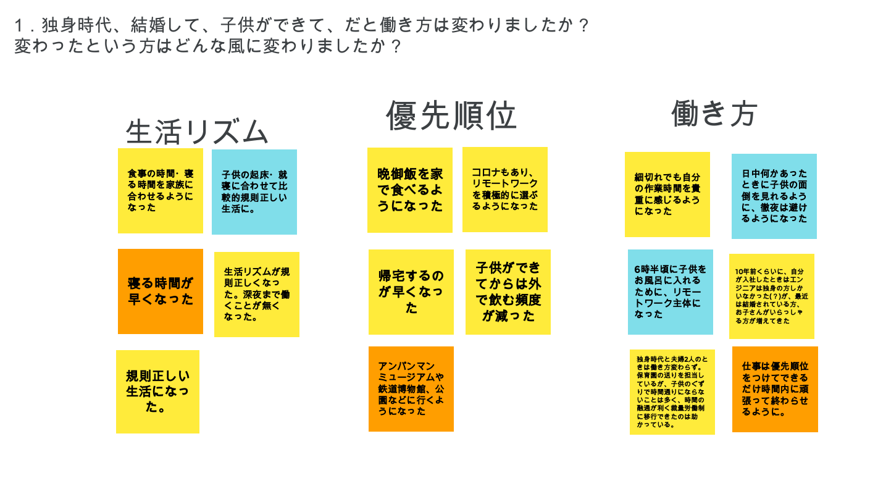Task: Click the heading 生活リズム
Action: pos(197,132)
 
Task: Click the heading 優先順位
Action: pos(451,115)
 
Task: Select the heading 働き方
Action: pos(714,114)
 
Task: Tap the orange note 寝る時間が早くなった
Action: pos(161,291)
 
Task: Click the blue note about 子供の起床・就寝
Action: pos(254,191)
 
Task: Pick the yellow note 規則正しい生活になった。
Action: pos(157,391)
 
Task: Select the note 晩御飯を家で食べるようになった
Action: pos(410,190)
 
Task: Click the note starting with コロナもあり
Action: pos(505,190)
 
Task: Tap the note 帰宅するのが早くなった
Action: pos(411,292)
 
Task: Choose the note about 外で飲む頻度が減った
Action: pos(508,292)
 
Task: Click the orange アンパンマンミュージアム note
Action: pos(411,389)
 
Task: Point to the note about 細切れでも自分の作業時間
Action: pos(667,195)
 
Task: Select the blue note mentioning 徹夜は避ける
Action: pos(774,196)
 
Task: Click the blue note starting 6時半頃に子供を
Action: pos(671,292)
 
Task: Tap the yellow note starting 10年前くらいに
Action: pos(772,296)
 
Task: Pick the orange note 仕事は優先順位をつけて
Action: pos(775,389)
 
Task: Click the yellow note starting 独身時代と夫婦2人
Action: pos(672,392)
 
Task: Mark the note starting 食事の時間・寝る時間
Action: pos(161,191)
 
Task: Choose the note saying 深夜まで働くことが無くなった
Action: pos(257,295)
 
